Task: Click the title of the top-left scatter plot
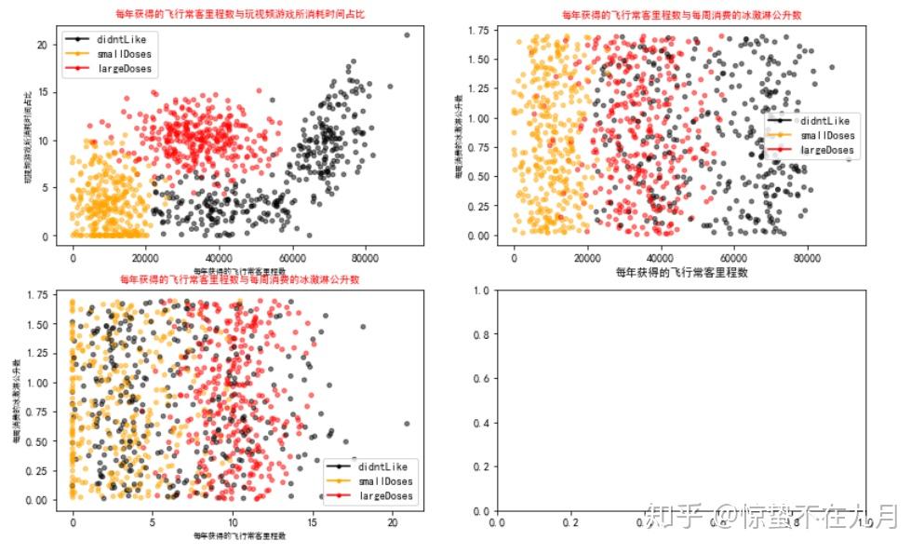pyautogui.click(x=239, y=14)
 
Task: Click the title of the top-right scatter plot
pyautogui.click(x=681, y=15)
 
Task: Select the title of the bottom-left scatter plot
pyautogui.click(x=239, y=278)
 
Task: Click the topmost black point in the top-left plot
pyautogui.click(x=407, y=34)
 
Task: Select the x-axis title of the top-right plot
pyautogui.click(x=681, y=273)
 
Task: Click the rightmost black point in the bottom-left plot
pyautogui.click(x=407, y=424)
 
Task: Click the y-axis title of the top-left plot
pyautogui.click(x=28, y=136)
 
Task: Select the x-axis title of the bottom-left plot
pyautogui.click(x=239, y=536)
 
